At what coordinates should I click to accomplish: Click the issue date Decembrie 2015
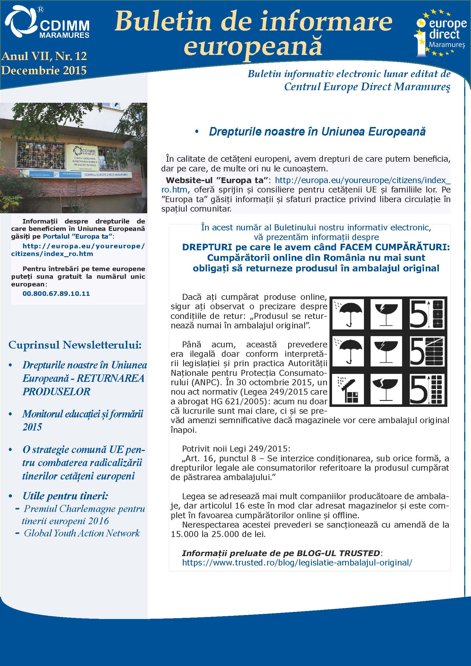click(x=44, y=71)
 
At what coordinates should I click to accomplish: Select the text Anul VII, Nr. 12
click(x=44, y=56)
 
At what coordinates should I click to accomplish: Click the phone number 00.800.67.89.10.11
click(x=56, y=294)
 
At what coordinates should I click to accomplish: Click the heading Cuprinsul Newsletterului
click(x=75, y=345)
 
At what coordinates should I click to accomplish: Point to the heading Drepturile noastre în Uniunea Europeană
click(x=317, y=132)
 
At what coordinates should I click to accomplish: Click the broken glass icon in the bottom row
click(x=386, y=389)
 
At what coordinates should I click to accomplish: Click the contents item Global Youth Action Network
click(x=82, y=533)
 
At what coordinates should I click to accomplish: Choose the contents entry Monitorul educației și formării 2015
click(x=82, y=420)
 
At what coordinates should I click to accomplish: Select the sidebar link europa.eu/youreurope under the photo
click(x=78, y=250)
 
